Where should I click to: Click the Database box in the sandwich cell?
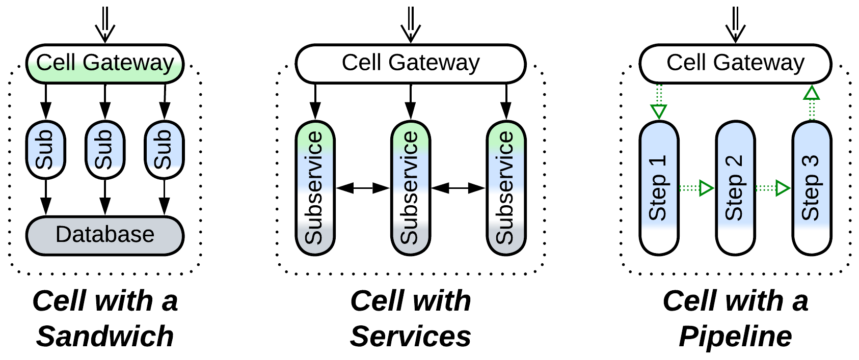[104, 235]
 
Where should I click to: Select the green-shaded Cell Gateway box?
[104, 64]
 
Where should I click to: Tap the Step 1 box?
[659, 188]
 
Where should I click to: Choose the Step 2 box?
[735, 188]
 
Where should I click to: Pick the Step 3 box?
[812, 188]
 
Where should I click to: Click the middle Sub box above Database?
[105, 150]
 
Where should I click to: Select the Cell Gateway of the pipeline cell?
[735, 64]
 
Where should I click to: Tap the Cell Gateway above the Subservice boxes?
[410, 64]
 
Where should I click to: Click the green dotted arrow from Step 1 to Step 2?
[696, 188]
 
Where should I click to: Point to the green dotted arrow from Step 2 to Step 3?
[773, 188]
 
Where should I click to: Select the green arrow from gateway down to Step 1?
[659, 102]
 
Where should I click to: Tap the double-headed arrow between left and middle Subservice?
[363, 188]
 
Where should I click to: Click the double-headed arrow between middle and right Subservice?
[459, 188]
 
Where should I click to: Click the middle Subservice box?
[411, 188]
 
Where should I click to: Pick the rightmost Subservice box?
[506, 188]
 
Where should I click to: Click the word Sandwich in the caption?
[105, 337]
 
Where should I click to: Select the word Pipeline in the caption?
[735, 337]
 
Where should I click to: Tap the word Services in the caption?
[410, 337]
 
